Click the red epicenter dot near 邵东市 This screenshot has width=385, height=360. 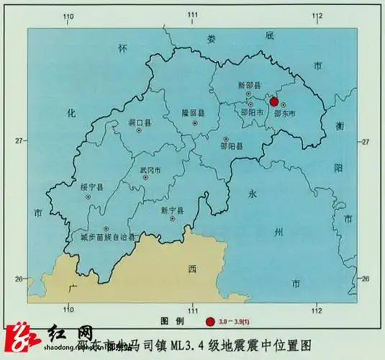[x=274, y=102]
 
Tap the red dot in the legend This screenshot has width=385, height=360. [x=210, y=321]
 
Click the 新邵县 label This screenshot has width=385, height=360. [x=248, y=86]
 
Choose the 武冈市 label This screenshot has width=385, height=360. [x=150, y=170]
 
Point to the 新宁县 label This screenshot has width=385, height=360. [x=173, y=210]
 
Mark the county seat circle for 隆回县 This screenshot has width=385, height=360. [x=194, y=123]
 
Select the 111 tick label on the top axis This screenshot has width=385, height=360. [x=193, y=15]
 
